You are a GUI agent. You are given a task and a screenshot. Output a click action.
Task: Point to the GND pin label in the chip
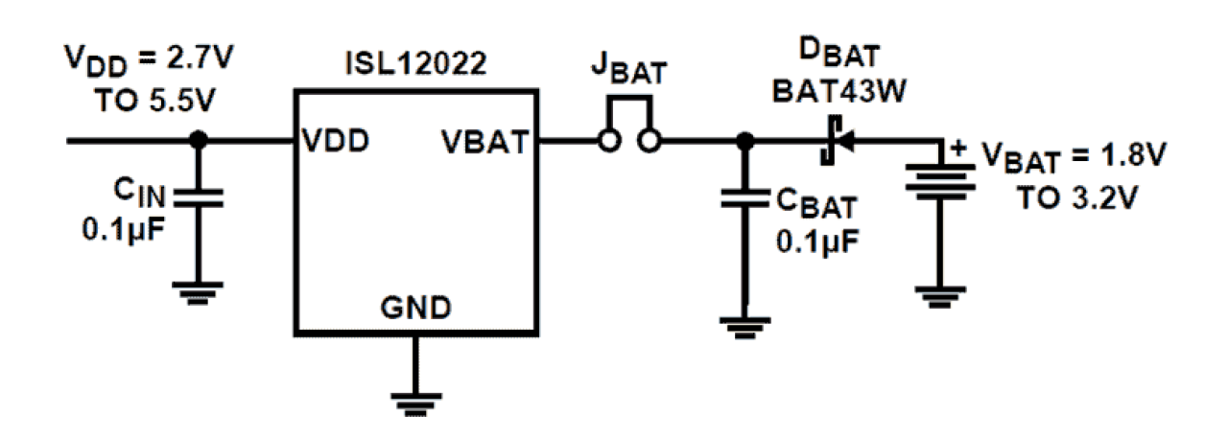pos(415,309)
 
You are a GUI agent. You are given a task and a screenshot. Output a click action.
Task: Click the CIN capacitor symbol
pos(199,197)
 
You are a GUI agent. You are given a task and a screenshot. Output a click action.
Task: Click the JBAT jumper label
pos(628,76)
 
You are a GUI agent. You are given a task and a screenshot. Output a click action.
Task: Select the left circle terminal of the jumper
pos(606,142)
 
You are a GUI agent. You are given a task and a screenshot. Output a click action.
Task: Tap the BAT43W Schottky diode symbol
pos(831,142)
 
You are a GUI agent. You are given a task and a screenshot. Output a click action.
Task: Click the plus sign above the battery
pos(957,148)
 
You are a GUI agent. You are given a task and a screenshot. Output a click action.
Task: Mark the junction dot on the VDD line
pos(199,141)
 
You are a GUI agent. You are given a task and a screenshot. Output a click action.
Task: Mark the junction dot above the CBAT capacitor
pos(741,142)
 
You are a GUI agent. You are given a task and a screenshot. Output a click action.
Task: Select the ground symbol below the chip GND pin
pos(414,402)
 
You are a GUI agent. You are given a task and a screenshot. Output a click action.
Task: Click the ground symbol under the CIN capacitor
pos(199,288)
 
